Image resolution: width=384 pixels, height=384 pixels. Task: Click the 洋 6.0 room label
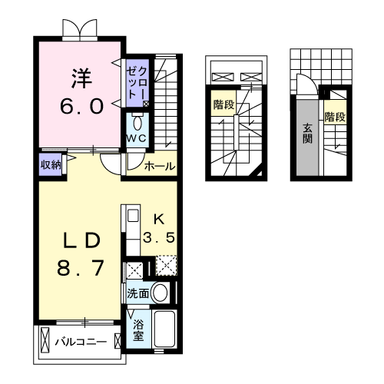coord(81,91)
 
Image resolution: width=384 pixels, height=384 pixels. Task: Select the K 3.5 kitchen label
coord(161,227)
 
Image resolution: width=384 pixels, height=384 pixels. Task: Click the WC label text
coord(137,137)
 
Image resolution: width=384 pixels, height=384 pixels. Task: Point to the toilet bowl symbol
coord(137,122)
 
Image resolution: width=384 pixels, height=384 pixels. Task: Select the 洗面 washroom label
coord(138,293)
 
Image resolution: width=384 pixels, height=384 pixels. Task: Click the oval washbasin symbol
coord(161,293)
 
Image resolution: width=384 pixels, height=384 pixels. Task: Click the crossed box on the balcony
coord(45,339)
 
